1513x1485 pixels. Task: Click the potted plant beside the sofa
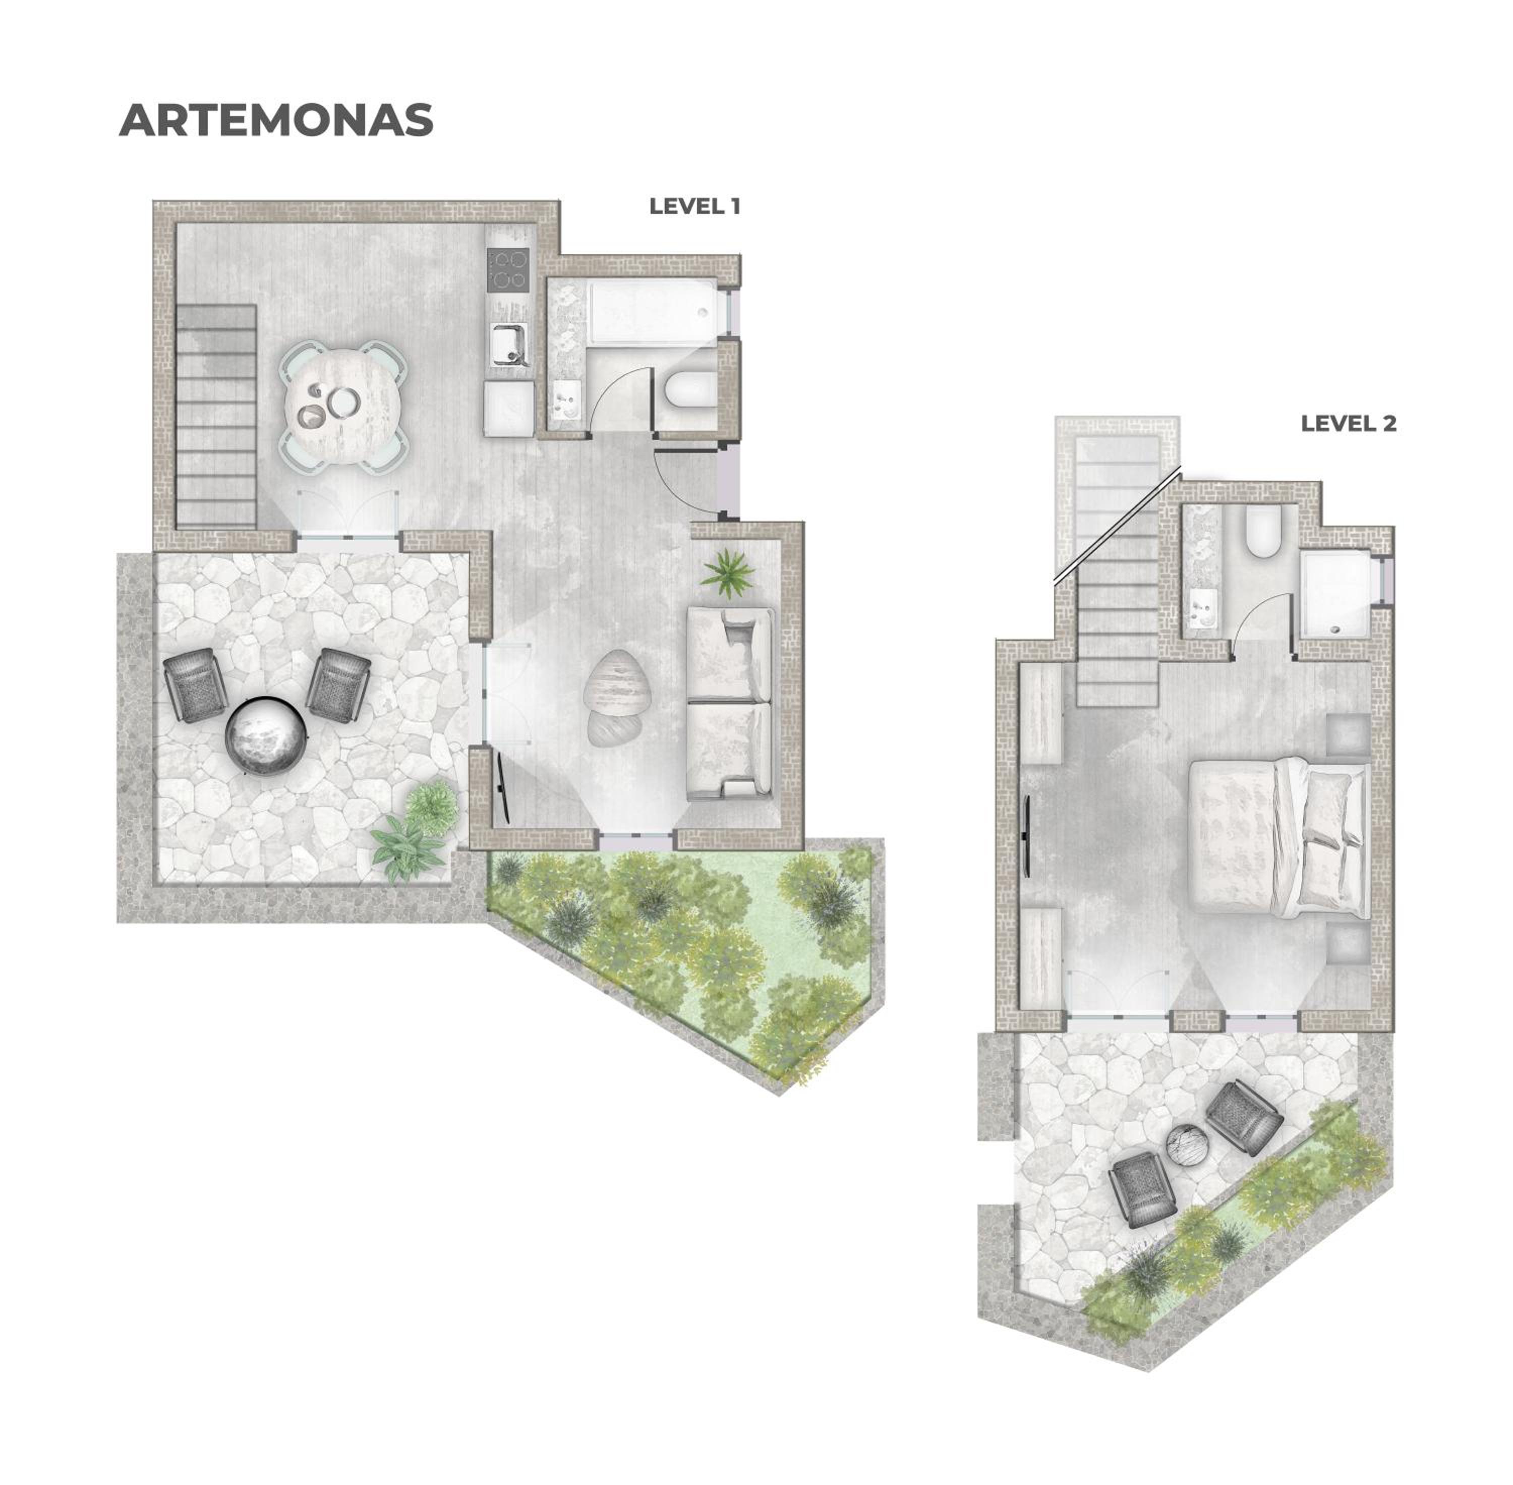(727, 573)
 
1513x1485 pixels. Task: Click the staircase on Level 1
(217, 415)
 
